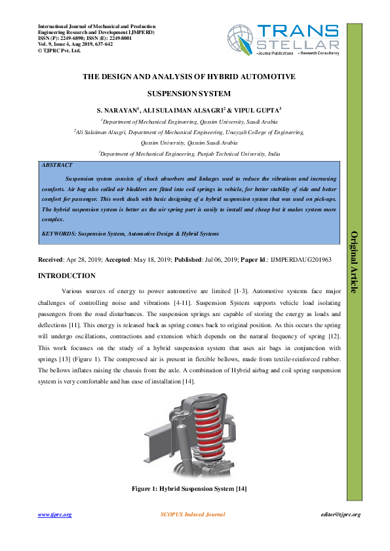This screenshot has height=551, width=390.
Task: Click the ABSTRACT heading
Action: (x=57, y=166)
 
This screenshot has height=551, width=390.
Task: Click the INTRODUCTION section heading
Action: (x=68, y=275)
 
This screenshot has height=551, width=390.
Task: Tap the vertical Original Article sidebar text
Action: (x=355, y=262)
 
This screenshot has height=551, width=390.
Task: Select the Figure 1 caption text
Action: (x=189, y=489)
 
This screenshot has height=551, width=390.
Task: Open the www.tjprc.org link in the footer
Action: (x=54, y=514)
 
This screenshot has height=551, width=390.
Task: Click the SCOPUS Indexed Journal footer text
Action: (x=193, y=514)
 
